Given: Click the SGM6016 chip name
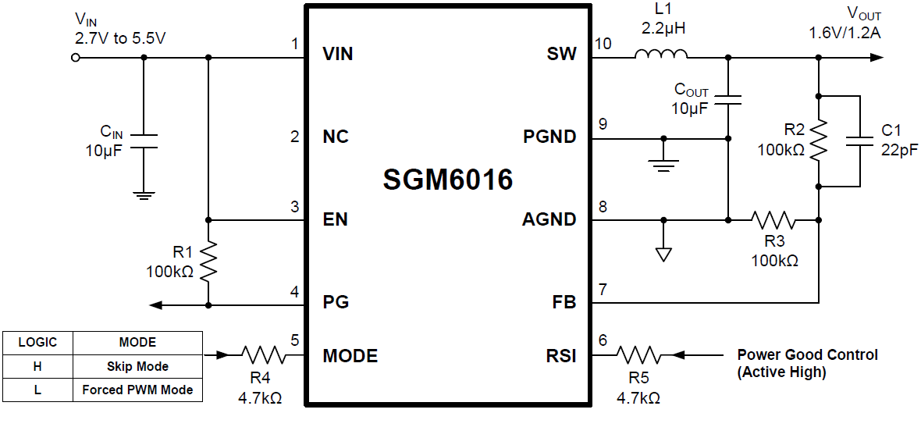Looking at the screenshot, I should click(x=447, y=180).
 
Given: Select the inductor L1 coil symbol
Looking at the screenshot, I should click(x=661, y=55).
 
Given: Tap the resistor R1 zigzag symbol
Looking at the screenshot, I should click(x=208, y=262).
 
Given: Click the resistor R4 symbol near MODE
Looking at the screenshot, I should click(x=264, y=355).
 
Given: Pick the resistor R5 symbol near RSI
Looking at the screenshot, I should click(x=639, y=355).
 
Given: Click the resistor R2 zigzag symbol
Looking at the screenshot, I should click(x=818, y=141).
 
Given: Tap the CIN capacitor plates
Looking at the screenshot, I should click(x=143, y=140).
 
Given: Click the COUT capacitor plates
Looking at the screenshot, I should click(x=728, y=100).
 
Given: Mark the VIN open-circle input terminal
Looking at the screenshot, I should click(x=76, y=57).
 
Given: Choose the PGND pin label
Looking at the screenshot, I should click(x=549, y=137).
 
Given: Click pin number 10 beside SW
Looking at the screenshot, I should click(x=603, y=44).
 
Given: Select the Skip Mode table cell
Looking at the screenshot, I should click(x=137, y=366).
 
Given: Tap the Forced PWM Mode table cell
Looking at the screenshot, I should click(x=137, y=390).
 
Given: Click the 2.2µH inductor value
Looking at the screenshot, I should click(x=663, y=30).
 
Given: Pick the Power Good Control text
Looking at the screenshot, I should click(x=807, y=355).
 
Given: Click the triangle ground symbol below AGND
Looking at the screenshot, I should click(x=663, y=255).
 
